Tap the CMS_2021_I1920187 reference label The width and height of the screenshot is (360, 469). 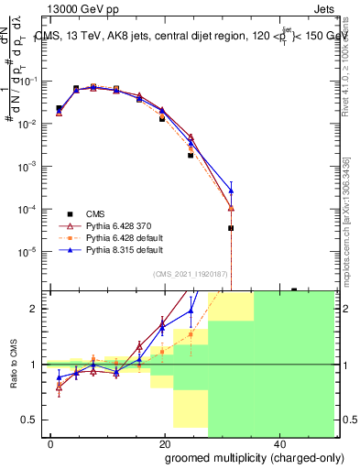(191, 274)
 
